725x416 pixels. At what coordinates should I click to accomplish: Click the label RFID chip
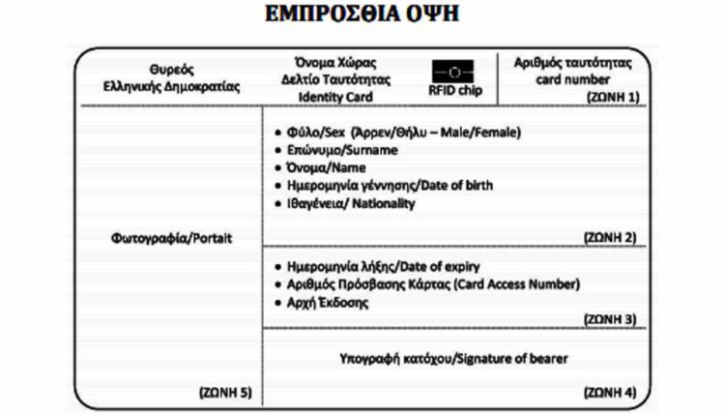click(454, 92)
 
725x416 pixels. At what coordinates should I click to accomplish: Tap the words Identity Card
click(330, 98)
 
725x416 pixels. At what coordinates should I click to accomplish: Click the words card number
click(573, 79)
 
